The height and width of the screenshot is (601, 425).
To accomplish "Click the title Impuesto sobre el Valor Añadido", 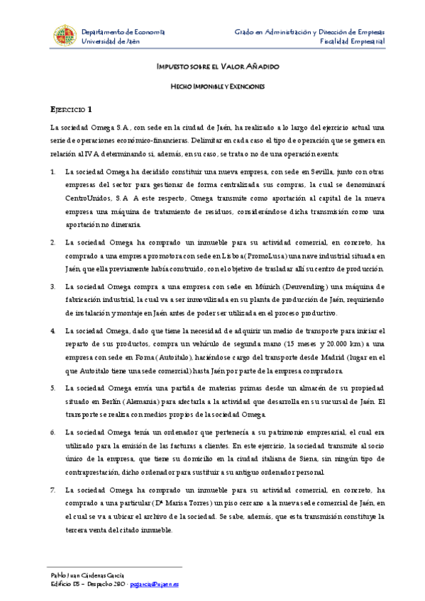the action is pyautogui.click(x=217, y=66).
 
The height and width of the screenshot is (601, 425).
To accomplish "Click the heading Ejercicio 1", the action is pyautogui.click(x=70, y=109).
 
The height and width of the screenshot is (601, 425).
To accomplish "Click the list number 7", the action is pyautogui.click(x=53, y=490).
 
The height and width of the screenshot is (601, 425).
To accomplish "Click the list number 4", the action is pyautogui.click(x=53, y=331).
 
